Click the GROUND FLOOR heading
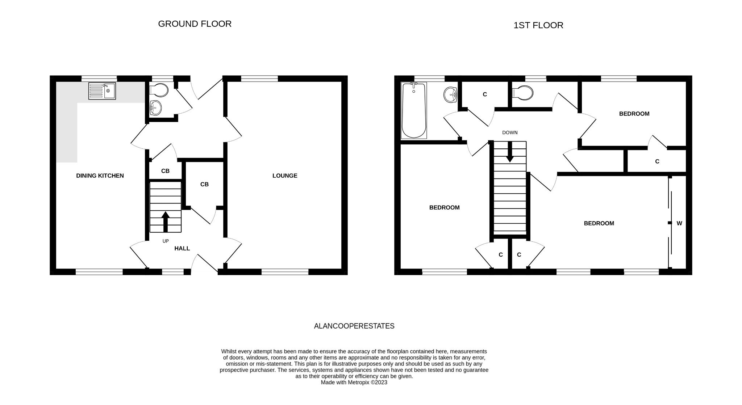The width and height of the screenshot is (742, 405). point(195,24)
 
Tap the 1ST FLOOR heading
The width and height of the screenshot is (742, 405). point(538,25)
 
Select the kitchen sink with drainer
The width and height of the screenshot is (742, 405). point(102,91)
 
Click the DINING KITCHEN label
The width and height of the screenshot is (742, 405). point(100,176)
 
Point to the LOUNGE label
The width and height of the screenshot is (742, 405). point(285,176)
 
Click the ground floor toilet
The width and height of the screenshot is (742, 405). point(159,90)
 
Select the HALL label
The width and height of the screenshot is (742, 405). point(182,248)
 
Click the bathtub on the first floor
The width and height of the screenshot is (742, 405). point(414,110)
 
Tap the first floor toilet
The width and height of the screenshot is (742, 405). point(523,93)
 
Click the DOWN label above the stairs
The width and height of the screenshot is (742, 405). point(510,132)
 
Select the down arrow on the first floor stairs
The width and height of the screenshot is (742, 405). point(510,152)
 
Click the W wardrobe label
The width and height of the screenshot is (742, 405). point(679,223)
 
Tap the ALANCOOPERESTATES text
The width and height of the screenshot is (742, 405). point(354,326)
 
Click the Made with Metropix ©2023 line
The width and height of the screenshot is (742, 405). point(354,382)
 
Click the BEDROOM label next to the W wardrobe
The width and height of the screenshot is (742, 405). point(599,223)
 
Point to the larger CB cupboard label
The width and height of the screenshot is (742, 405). point(204,184)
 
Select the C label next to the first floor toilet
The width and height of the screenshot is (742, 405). point(485,94)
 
